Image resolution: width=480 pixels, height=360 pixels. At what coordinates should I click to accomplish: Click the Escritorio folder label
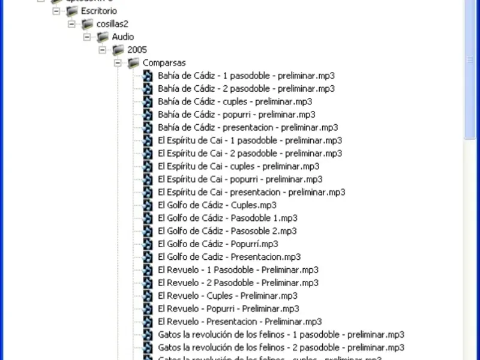point(99,11)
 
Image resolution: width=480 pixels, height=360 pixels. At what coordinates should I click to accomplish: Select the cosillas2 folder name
point(112,24)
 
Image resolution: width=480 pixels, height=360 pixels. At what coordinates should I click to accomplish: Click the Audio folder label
point(123,37)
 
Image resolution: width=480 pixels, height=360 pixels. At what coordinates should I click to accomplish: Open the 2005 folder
point(137,50)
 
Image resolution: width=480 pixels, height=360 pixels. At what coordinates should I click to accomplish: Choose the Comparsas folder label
point(164,62)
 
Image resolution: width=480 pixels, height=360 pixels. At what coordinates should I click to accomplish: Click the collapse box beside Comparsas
point(118,62)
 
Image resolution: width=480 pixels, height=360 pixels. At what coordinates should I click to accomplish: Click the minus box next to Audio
point(87,37)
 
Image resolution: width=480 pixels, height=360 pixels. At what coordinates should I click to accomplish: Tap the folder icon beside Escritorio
point(73,11)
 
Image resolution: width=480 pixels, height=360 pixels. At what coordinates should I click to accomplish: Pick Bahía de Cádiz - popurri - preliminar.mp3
point(236,114)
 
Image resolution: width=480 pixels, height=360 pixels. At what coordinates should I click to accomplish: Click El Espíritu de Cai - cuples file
point(238,166)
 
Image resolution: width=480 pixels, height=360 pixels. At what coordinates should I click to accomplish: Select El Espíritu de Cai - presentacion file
point(251,192)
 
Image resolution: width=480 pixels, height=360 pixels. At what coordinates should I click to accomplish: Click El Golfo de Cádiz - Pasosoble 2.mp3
point(227,230)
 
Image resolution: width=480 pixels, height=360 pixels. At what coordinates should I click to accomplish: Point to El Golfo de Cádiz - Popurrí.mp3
point(218,244)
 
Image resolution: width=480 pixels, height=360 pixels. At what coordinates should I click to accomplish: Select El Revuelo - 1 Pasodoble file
point(238,269)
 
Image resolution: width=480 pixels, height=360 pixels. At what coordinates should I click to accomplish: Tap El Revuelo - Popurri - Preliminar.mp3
point(228,308)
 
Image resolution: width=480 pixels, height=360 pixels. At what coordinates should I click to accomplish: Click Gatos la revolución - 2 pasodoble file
point(281,347)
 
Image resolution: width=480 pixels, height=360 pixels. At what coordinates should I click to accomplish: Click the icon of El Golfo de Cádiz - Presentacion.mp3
point(148,257)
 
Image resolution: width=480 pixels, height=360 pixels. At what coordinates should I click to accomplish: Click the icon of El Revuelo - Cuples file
point(148,295)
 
